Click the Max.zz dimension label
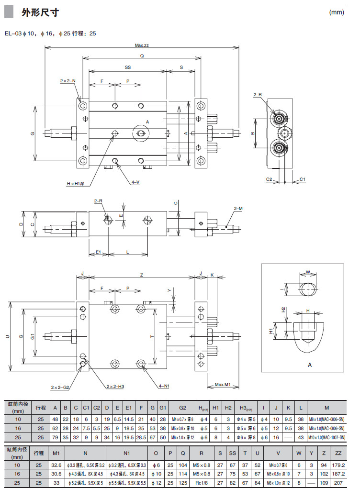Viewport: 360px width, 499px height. [142, 45]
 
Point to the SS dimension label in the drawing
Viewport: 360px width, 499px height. [128, 68]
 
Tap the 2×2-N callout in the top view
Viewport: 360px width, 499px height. [67, 81]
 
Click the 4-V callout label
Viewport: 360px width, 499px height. [135, 182]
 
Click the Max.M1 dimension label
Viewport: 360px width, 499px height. [223, 385]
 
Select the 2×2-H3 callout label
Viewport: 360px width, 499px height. [115, 387]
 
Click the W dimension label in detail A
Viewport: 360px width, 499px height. [309, 272]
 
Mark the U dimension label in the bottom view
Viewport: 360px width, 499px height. [7, 336]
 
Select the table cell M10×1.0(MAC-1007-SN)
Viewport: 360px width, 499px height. [326, 437]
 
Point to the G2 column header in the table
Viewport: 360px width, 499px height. [182, 408]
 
